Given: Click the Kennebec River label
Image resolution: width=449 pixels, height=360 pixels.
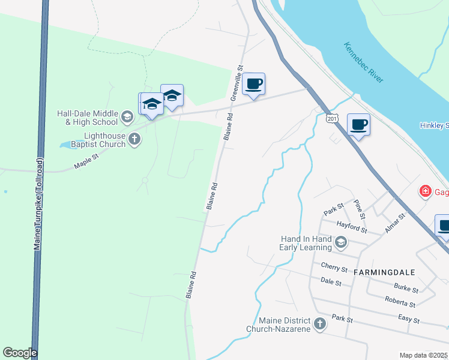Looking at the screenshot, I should (364, 62).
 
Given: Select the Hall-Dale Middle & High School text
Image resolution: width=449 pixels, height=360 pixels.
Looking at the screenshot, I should (88, 117).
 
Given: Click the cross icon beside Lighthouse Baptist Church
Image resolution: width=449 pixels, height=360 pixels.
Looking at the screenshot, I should (134, 140).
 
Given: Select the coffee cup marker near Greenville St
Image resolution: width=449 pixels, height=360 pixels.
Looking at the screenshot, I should (254, 83).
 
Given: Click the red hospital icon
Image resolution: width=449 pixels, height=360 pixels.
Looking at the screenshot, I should (426, 191).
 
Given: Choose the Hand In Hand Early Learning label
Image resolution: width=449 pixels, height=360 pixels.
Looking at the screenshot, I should (306, 242).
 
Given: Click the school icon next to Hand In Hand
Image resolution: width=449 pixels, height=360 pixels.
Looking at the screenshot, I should (341, 242).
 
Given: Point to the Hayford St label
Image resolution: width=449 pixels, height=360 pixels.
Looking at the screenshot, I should (352, 227).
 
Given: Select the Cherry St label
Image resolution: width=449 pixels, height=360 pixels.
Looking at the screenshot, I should (334, 267).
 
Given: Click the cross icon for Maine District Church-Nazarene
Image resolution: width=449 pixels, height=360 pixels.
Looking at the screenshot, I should (320, 325).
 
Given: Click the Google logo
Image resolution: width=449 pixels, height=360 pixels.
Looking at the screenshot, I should (20, 353).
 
